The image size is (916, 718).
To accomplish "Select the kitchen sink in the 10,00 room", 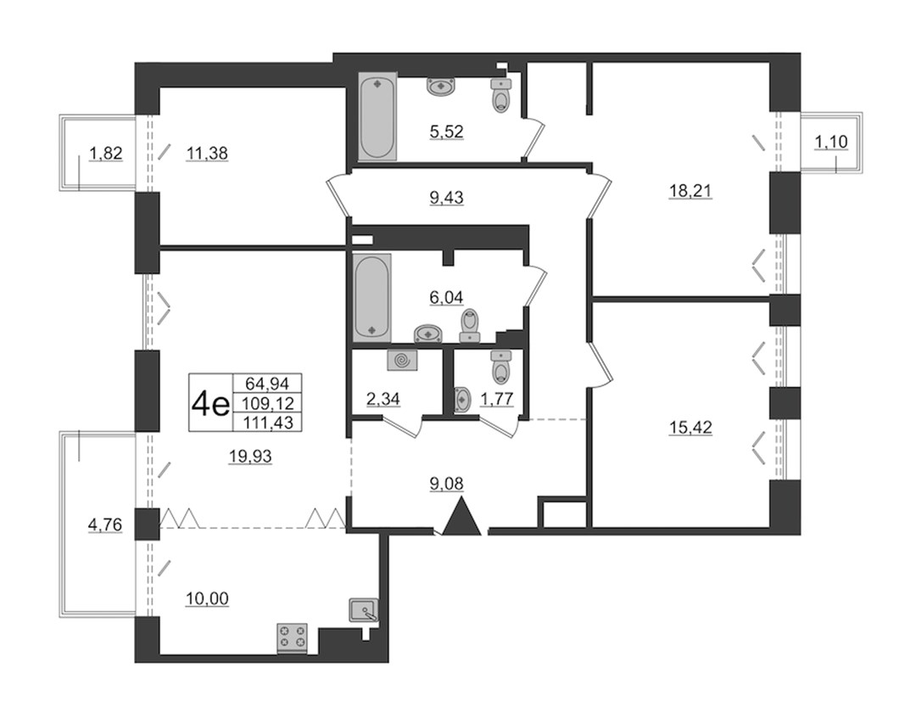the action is pos(364,610).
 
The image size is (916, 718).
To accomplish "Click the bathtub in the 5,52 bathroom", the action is pos(377,115).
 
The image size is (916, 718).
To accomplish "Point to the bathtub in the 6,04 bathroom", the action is pos(372,297).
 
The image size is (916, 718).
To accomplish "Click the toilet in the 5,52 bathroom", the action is pos(500,96).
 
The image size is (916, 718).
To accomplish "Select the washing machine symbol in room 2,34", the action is pos(402,360).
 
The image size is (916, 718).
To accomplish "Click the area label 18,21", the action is pos(690,191).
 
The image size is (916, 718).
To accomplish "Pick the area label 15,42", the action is pos(690,428).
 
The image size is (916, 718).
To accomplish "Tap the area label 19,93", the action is pos(250,456).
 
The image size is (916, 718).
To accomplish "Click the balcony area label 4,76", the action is pos(104,525).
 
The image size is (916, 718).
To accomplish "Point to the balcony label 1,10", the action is pos(831,142).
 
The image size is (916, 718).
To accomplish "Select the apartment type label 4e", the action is pos(210,403).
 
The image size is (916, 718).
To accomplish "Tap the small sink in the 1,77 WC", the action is pos(461,400).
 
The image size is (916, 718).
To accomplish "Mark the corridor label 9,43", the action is pos(446,198).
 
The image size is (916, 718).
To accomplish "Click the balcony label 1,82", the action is pos(106,153).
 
